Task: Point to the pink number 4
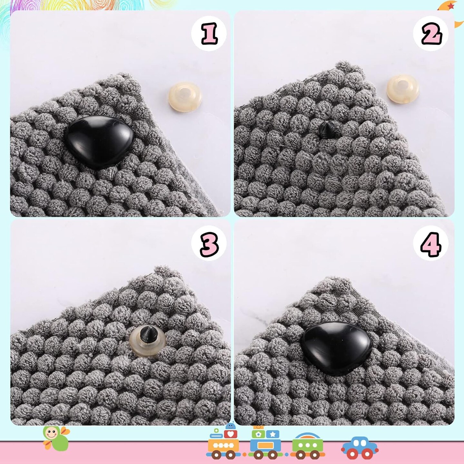click(x=431, y=245)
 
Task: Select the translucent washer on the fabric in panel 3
click(x=148, y=341)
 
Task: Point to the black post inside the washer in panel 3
click(x=148, y=334)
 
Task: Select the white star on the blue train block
click(x=273, y=434)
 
